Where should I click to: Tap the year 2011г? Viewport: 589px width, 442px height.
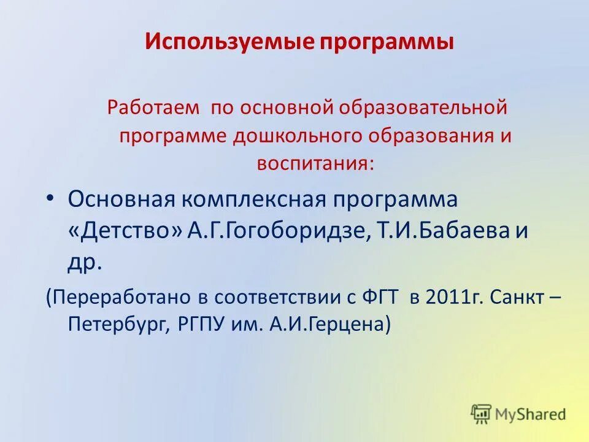[x=453, y=298]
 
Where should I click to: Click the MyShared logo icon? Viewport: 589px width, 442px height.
[x=482, y=414]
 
